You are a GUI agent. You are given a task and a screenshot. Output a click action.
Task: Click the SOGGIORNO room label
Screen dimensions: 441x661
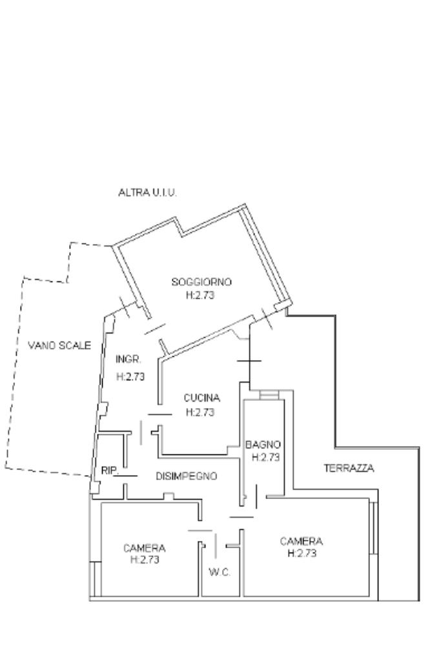[x=201, y=281]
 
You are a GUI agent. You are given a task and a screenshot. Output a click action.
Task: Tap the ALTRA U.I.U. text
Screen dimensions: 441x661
[x=148, y=192]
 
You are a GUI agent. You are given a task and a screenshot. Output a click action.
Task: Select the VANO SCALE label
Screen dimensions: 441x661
[x=59, y=345]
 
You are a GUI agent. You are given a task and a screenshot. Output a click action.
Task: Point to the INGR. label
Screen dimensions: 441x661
[x=128, y=359]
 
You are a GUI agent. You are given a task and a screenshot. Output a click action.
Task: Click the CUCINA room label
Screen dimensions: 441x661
[x=201, y=398]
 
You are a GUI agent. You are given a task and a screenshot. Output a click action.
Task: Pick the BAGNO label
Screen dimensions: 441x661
[x=263, y=444]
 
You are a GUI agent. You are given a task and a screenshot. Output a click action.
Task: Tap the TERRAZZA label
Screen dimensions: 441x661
[x=349, y=469]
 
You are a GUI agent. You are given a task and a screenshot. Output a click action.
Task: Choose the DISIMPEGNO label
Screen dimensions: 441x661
[x=186, y=476]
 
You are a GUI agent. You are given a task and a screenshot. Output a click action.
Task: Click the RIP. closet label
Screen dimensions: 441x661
[x=109, y=471]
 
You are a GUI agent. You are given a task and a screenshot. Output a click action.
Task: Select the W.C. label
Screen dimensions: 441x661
[x=220, y=572]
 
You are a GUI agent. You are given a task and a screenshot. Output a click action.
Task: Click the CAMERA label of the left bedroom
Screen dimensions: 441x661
[x=144, y=548]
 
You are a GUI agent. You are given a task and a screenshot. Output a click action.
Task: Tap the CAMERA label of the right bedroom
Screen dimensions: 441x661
[x=301, y=541]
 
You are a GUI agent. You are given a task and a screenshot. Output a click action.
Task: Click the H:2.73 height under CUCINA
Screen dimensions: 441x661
[x=200, y=412]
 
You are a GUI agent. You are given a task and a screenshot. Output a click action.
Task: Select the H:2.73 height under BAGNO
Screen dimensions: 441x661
[x=265, y=457]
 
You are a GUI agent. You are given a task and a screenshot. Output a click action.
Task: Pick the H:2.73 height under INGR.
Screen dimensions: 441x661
[x=130, y=377]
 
